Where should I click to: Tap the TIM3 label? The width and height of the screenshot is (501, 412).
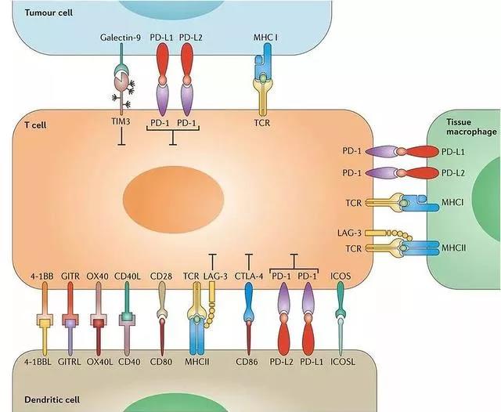point(121,122)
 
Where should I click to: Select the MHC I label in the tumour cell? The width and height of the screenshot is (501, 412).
point(262,38)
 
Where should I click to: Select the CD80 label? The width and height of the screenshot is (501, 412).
point(162,362)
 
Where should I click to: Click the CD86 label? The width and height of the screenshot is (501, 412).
point(249,362)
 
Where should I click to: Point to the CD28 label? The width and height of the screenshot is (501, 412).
point(162,276)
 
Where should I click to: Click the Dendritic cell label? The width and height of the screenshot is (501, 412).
point(34,401)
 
